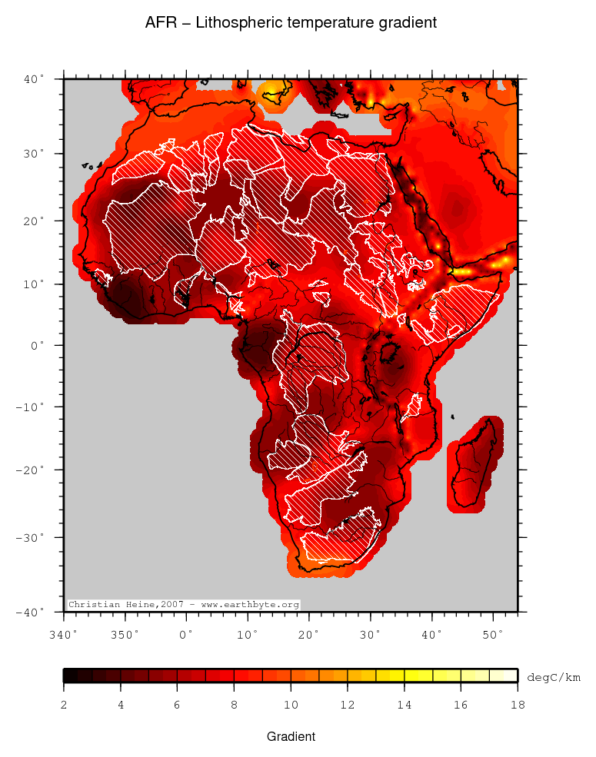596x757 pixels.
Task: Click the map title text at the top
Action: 291,23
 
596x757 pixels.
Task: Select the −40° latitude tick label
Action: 32,612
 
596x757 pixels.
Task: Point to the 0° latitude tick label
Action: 38,345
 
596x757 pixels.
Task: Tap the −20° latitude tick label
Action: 32,469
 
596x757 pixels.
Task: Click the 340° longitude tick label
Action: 64,635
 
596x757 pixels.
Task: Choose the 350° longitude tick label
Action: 125,635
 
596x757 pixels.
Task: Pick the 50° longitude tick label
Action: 492,635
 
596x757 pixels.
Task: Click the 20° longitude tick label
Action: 308,635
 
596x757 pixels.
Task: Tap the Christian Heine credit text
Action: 183,605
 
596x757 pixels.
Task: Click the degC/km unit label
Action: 553,677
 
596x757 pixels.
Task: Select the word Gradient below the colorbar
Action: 291,736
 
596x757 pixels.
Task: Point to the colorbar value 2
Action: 64,704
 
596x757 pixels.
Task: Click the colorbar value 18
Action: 517,704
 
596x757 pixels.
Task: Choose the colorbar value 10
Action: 291,704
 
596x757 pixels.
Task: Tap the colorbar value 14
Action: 404,704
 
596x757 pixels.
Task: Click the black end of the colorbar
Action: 69,676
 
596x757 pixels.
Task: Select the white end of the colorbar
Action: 510,676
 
